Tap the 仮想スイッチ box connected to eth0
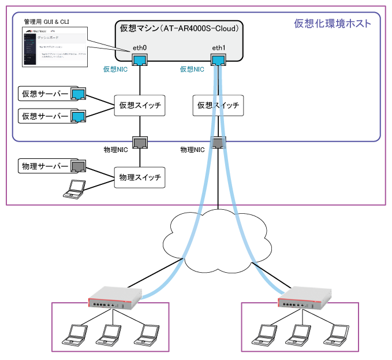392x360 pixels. coord(140,105)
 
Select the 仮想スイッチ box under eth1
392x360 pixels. coord(218,105)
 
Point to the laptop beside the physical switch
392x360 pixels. coord(74,189)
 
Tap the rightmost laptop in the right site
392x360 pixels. coord(336,333)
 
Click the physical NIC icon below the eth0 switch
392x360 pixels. coord(140,142)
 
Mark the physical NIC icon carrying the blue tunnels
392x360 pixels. coord(218,142)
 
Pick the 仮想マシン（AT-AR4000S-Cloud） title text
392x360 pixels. coord(180,27)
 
